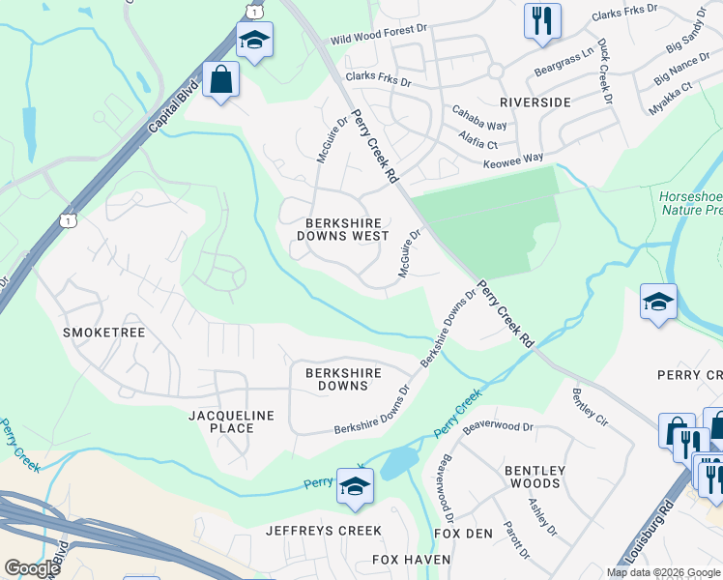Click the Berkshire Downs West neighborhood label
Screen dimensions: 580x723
pos(347,228)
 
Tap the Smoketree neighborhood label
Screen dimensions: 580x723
pos(103,332)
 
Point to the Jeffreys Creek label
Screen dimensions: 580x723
pos(324,531)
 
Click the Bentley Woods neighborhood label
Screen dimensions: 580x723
pos(532,477)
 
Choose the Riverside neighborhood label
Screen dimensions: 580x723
pos(535,101)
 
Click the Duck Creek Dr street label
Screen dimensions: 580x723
pos(605,72)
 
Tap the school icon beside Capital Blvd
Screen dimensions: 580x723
pos(254,41)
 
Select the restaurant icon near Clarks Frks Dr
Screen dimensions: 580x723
pos(542,19)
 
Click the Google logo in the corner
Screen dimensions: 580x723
pos(31,568)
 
